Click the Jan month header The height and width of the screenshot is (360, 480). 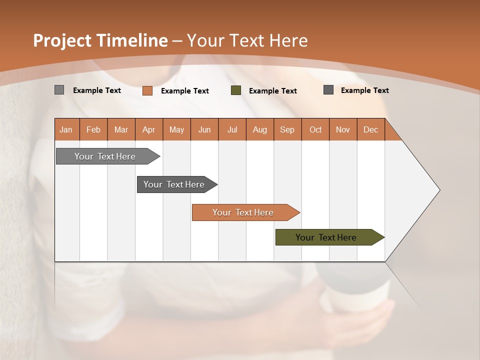[x=66, y=129]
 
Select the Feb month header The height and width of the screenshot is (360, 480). [x=93, y=129]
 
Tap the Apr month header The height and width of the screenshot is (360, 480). [x=148, y=129]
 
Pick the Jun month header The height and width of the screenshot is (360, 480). [x=204, y=129]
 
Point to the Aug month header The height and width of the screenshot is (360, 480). [x=259, y=129]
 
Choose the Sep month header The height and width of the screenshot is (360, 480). [x=287, y=129]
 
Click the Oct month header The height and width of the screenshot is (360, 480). [x=315, y=129]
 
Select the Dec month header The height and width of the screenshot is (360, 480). [x=370, y=129]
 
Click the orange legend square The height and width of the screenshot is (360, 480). [x=147, y=90]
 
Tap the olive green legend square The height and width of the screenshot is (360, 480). [x=236, y=90]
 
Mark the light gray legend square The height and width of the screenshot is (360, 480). [x=59, y=90]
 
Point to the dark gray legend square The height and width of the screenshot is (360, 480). [x=328, y=90]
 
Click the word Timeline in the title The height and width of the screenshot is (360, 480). [x=132, y=40]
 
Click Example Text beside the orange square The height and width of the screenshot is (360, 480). [x=185, y=91]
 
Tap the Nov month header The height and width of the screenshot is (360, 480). [x=343, y=129]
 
